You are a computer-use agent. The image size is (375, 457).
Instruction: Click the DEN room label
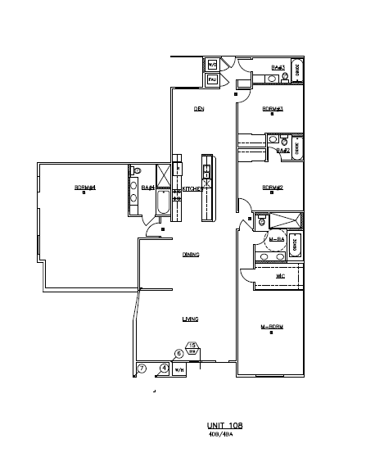pos(198,109)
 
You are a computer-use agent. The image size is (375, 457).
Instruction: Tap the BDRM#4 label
pos(86,188)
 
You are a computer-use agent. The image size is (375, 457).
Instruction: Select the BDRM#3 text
pos(272,109)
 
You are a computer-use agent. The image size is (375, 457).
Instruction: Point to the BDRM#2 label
pos(272,188)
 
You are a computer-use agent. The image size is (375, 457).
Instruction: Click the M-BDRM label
pos(271,328)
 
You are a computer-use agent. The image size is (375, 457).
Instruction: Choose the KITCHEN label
pos(192,188)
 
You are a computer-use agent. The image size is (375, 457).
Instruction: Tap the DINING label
pos(192,255)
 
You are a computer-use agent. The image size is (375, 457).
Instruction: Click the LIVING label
pos(192,319)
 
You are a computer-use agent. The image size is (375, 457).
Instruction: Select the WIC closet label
pos(280,277)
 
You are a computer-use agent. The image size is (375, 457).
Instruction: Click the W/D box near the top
pos(211,65)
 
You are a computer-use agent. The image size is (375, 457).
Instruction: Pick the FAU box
pos(211,79)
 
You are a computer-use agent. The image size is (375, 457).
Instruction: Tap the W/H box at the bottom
pos(178,369)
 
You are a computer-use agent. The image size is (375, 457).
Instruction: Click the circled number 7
pos(141,369)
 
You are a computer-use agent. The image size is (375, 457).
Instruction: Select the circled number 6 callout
pos(178,354)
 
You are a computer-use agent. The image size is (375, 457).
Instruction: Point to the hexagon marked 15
pos(192,347)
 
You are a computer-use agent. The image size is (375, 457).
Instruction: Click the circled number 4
pos(164,369)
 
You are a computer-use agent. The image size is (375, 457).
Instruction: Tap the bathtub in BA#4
pos(162,204)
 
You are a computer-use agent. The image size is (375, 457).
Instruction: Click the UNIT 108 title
pos(224,425)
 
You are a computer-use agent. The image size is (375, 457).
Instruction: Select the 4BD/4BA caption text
pos(223,435)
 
